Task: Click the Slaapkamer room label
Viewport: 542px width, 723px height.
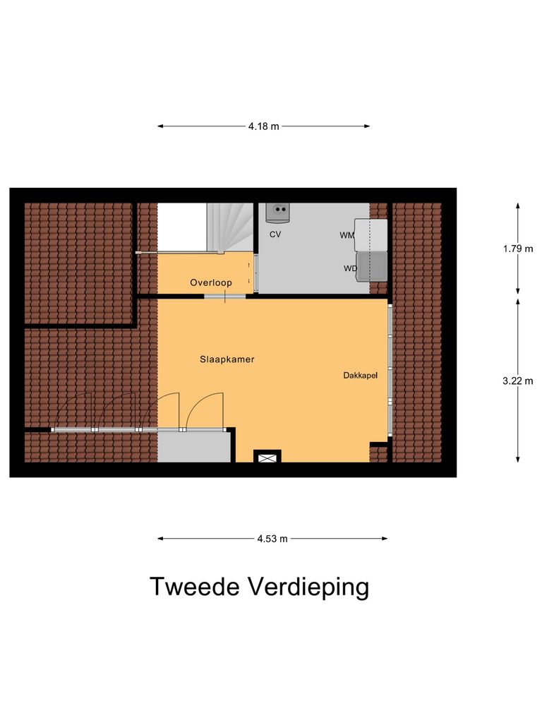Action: click(x=227, y=359)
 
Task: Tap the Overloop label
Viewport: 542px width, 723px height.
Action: click(x=210, y=283)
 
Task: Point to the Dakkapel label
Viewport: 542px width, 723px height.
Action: click(x=361, y=376)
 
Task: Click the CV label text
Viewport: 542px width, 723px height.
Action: click(x=275, y=234)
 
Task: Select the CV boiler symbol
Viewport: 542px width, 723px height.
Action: click(x=280, y=210)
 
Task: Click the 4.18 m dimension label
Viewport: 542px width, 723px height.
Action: click(x=263, y=126)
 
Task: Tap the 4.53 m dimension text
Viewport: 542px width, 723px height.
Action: click(x=272, y=539)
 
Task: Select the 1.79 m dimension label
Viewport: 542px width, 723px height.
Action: click(x=517, y=249)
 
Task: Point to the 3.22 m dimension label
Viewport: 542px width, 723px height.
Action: click(x=517, y=381)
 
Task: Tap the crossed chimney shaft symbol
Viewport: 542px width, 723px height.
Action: click(x=267, y=458)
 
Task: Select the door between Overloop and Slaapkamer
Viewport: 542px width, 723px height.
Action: click(x=225, y=296)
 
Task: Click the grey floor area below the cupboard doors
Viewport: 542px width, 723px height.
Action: click(x=194, y=446)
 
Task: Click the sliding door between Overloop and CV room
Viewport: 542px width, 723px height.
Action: click(x=255, y=273)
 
